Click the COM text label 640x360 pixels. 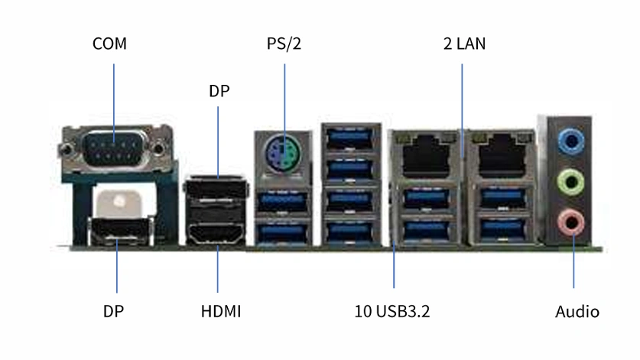(109, 44)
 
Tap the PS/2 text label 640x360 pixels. (284, 44)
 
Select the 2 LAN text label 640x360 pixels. (464, 44)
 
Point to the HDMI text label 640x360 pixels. (221, 311)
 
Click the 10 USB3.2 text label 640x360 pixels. (391, 311)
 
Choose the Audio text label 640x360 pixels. (577, 312)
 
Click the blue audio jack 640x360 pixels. (571, 141)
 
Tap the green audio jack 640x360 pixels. (570, 182)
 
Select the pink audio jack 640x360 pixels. (570, 222)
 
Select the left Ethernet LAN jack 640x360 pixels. (426, 155)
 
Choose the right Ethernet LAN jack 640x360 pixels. (502, 155)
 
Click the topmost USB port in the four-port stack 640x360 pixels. (351, 138)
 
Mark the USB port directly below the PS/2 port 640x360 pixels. (282, 201)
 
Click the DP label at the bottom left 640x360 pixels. (113, 311)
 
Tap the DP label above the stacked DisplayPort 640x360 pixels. (219, 91)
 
